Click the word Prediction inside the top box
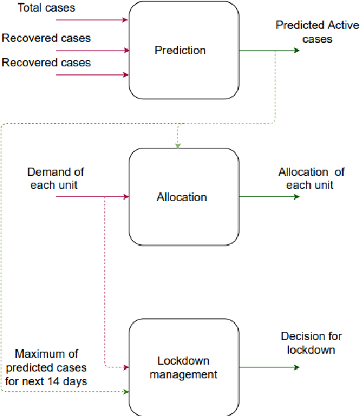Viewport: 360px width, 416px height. [180, 50]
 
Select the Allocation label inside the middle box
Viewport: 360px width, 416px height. [182, 197]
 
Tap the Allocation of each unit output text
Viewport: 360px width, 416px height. [312, 179]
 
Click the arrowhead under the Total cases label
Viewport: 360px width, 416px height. [125, 20]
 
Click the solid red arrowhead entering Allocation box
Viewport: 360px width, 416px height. [126, 197]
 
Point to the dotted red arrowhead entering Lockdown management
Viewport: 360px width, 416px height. [126, 367]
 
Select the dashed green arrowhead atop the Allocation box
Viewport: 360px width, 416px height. [178, 145]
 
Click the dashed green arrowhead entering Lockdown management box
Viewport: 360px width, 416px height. [126, 392]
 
